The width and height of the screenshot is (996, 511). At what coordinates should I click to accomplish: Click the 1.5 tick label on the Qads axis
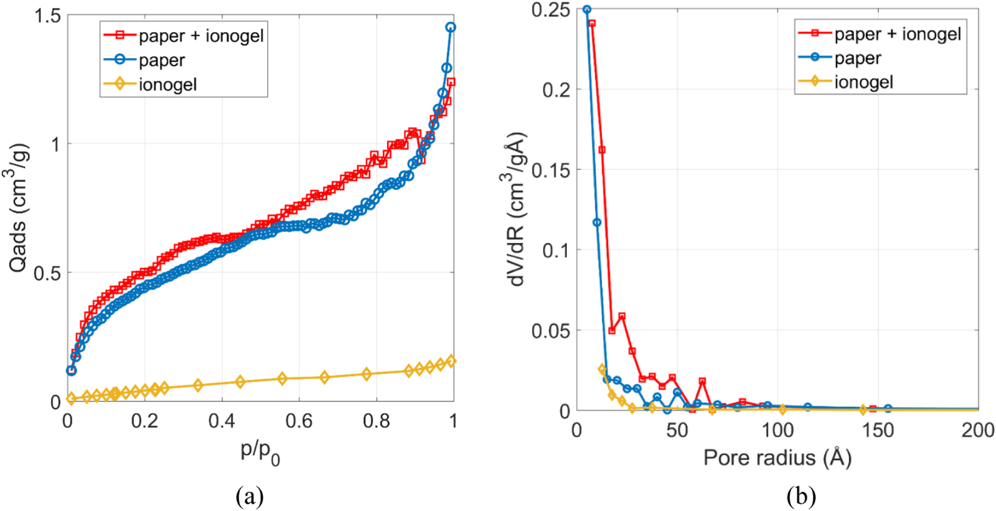pyautogui.click(x=48, y=16)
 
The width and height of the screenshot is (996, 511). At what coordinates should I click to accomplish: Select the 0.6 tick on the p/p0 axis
pyautogui.click(x=299, y=420)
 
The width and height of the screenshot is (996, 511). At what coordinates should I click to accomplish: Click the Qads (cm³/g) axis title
pyautogui.click(x=18, y=208)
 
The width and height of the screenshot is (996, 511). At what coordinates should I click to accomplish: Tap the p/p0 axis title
pyautogui.click(x=260, y=452)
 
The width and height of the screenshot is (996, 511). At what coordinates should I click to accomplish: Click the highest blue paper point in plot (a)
pyautogui.click(x=451, y=27)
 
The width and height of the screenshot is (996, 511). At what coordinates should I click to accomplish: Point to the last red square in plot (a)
pyautogui.click(x=451, y=82)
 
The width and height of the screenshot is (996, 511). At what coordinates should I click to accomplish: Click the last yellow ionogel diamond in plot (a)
pyautogui.click(x=451, y=361)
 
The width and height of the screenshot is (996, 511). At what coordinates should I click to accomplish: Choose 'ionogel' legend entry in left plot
pyautogui.click(x=167, y=84)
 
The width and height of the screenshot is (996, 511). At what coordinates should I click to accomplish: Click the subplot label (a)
pyautogui.click(x=250, y=497)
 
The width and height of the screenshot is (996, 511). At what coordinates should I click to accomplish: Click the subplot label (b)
pyautogui.click(x=801, y=497)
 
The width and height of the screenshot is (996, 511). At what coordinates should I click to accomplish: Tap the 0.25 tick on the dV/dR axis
pyautogui.click(x=551, y=9)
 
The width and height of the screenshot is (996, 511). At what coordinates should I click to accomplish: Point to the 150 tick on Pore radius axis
pyautogui.click(x=878, y=430)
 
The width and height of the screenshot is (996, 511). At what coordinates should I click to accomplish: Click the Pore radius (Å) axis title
pyautogui.click(x=777, y=457)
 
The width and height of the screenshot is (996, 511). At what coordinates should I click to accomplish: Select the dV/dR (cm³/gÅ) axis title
pyautogui.click(x=515, y=208)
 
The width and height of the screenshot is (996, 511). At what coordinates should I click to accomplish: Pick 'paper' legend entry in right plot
pyautogui.click(x=857, y=57)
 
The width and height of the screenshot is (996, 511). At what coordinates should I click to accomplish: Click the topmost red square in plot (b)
pyautogui.click(x=592, y=24)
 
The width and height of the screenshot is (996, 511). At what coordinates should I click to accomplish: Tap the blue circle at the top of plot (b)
pyautogui.click(x=587, y=9)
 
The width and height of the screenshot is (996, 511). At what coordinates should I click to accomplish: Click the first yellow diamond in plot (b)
pyautogui.click(x=602, y=369)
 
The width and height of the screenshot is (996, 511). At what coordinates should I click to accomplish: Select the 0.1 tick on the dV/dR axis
pyautogui.click(x=556, y=250)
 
